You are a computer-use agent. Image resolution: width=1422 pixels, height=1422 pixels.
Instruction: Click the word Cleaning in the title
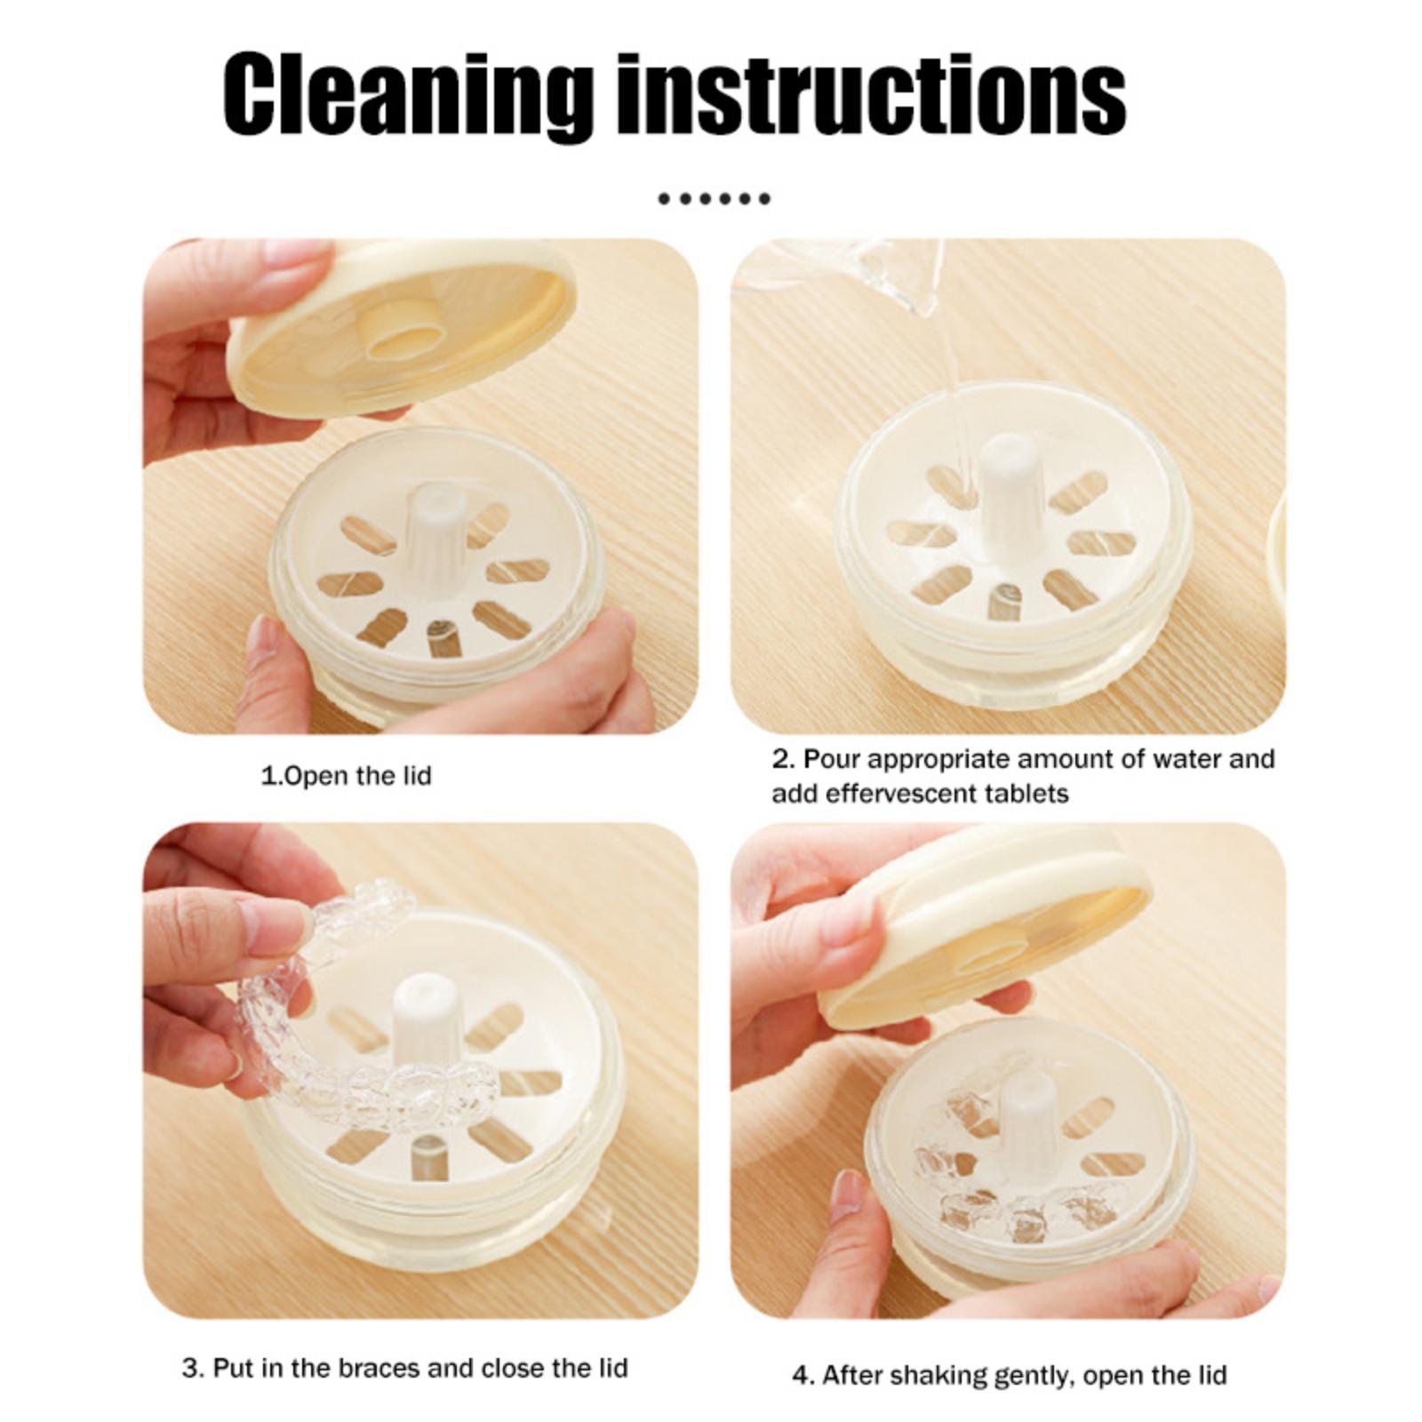(408, 95)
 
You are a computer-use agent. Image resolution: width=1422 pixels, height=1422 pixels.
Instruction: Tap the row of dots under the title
(714, 199)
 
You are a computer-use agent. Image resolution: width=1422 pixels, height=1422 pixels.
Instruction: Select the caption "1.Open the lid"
(346, 776)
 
